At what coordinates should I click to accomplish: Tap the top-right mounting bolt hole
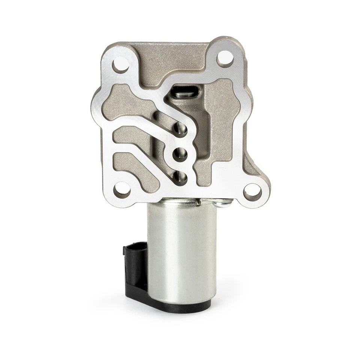(x=226, y=57)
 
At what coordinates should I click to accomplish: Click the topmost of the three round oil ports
(x=181, y=131)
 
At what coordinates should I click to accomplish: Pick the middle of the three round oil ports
(x=182, y=153)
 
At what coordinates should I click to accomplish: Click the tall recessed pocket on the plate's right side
(x=221, y=124)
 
